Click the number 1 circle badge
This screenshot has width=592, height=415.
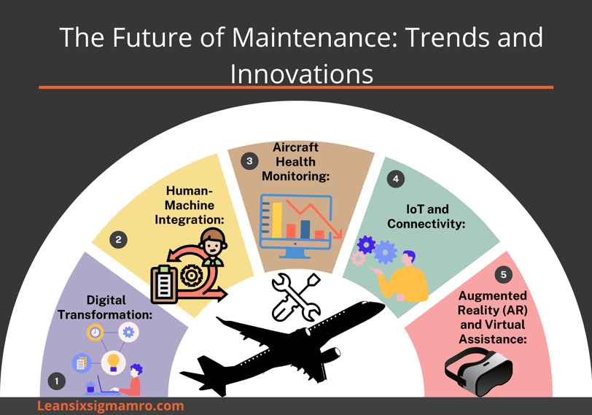tap(57, 381)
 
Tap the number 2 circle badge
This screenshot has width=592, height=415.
tap(118, 239)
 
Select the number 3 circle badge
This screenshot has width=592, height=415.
tap(249, 161)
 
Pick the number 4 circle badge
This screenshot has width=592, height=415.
tap(396, 179)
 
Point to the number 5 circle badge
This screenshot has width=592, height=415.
tap(503, 274)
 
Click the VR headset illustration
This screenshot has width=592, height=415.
tap(479, 372)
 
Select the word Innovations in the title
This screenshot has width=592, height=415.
tap(302, 74)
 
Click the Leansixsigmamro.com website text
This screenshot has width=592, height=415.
tap(111, 406)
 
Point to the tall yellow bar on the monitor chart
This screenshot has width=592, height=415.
tap(277, 220)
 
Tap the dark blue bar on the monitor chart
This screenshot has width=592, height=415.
tap(305, 229)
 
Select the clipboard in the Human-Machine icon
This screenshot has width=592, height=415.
tap(164, 284)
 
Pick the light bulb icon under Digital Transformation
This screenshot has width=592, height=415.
tap(113, 362)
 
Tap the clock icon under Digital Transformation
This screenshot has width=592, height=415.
tap(95, 333)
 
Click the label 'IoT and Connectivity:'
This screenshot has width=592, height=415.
tap(427, 217)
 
